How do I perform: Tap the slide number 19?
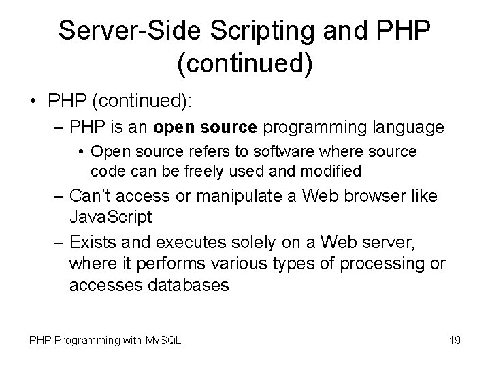455,339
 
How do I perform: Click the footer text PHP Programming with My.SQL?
105,339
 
